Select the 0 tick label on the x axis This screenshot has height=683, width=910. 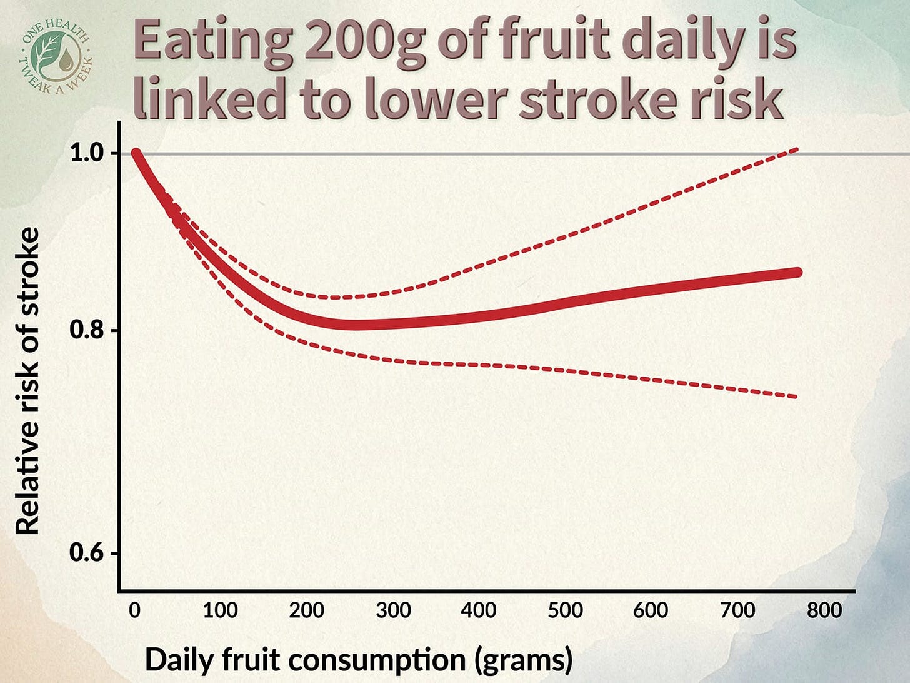tap(134, 610)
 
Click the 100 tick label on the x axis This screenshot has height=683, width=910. tap(220, 610)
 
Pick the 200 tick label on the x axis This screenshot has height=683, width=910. tap(306, 610)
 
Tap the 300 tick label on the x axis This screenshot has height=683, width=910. tap(393, 610)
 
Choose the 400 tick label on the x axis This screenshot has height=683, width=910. tap(479, 610)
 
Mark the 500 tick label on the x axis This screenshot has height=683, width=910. tap(565, 610)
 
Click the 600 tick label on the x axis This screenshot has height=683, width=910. tap(651, 610)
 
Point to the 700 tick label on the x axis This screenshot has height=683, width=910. tap(737, 610)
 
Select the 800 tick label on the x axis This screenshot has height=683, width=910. tap(824, 610)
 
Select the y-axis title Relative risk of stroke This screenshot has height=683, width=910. tap(27, 382)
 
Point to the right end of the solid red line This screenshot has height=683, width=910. tap(797, 272)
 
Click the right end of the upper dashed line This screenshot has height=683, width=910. tap(796, 149)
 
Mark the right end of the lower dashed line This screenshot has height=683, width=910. tap(795, 397)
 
